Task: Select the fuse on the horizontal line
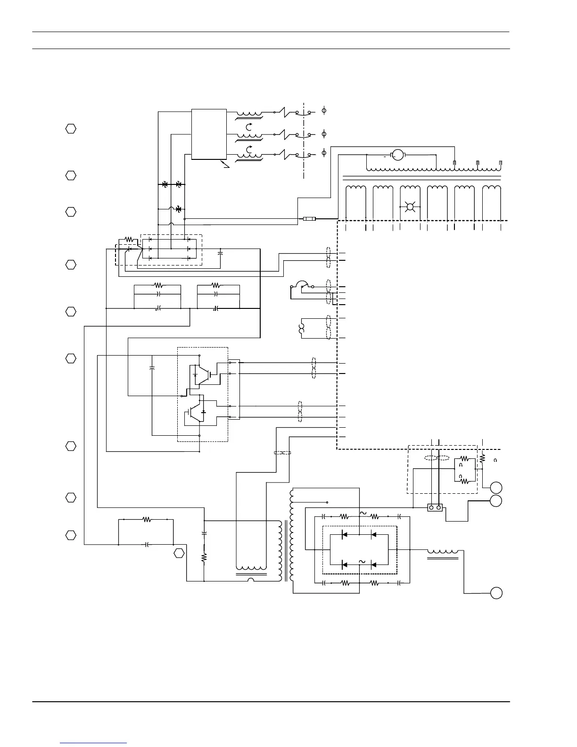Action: point(309,219)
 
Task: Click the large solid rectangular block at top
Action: point(209,134)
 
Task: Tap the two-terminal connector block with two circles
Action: point(435,508)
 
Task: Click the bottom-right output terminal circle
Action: point(496,593)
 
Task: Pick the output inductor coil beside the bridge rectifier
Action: point(442,551)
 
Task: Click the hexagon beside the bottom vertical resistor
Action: point(178,554)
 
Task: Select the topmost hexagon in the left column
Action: point(70,129)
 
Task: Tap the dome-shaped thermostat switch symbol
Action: point(300,285)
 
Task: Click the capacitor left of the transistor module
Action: point(152,367)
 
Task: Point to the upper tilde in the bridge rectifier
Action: point(363,513)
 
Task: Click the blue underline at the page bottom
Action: point(93,743)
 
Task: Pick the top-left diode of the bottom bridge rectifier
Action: point(345,535)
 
